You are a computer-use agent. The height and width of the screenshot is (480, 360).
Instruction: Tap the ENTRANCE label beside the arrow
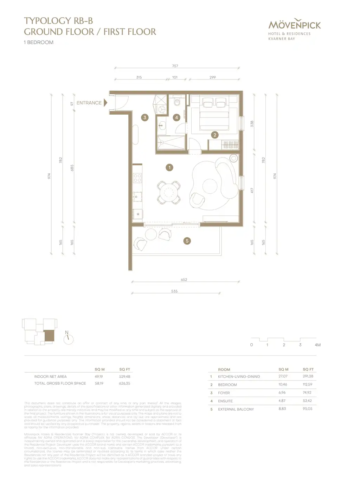(x=89, y=103)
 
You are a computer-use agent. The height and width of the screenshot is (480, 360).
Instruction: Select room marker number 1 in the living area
(x=169, y=168)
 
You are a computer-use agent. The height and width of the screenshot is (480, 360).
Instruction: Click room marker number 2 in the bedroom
(x=215, y=135)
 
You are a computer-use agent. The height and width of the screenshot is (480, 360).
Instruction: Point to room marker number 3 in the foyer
(x=145, y=117)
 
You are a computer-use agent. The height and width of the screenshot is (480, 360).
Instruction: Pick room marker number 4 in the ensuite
(x=176, y=117)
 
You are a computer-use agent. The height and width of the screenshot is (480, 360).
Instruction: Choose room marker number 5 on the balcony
(x=187, y=241)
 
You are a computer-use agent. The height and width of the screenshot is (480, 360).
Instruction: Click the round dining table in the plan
(x=169, y=192)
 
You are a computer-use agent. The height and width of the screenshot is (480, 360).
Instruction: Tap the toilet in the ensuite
(x=177, y=102)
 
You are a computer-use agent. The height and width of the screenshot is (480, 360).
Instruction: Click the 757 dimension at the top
(x=175, y=66)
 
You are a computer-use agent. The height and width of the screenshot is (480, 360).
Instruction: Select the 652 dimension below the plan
(x=184, y=280)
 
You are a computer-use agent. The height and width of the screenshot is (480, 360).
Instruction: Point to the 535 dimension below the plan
(x=174, y=291)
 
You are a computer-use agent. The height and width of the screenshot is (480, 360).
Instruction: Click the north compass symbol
(x=69, y=339)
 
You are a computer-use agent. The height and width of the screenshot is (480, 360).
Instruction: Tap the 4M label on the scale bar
(x=317, y=345)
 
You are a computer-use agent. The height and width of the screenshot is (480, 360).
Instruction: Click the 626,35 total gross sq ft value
(x=124, y=383)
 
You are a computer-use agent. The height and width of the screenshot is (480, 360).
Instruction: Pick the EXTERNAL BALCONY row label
(x=236, y=409)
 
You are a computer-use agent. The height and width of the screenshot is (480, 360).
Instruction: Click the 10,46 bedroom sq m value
(x=283, y=384)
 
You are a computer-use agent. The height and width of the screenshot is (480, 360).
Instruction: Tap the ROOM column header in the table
(x=224, y=370)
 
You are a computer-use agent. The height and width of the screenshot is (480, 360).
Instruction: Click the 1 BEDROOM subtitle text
(x=39, y=42)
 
